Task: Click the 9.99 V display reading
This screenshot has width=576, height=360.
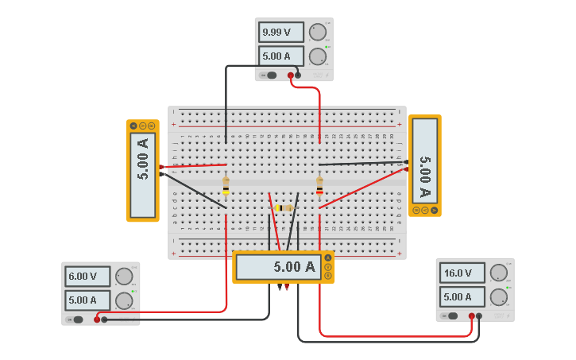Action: (x=280, y=33)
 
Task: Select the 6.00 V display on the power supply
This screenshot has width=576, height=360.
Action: (x=87, y=277)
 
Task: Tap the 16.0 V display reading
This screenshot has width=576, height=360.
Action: (x=462, y=273)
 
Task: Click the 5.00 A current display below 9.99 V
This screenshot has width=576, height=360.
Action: (x=280, y=56)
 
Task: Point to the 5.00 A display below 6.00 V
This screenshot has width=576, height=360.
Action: (x=87, y=300)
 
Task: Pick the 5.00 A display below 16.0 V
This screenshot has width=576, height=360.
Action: (x=462, y=296)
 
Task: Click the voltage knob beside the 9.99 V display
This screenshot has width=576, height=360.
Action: (x=318, y=32)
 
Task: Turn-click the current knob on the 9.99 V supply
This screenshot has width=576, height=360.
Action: (x=318, y=56)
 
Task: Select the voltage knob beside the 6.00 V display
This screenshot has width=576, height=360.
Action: (x=124, y=277)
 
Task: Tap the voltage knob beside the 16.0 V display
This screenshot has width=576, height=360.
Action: (x=498, y=273)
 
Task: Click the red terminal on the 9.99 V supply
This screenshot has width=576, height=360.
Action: (x=291, y=75)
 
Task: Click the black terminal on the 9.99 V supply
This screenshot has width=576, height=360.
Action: (x=298, y=75)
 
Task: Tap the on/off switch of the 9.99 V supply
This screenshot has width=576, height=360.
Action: (x=271, y=75)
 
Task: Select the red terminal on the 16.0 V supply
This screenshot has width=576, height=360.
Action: (x=472, y=315)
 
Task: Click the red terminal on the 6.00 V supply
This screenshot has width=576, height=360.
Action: (x=97, y=319)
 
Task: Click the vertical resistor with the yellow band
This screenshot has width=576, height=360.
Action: (x=226, y=185)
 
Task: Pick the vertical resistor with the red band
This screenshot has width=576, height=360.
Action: (x=319, y=185)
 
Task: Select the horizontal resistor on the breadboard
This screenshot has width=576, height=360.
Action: (x=283, y=208)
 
